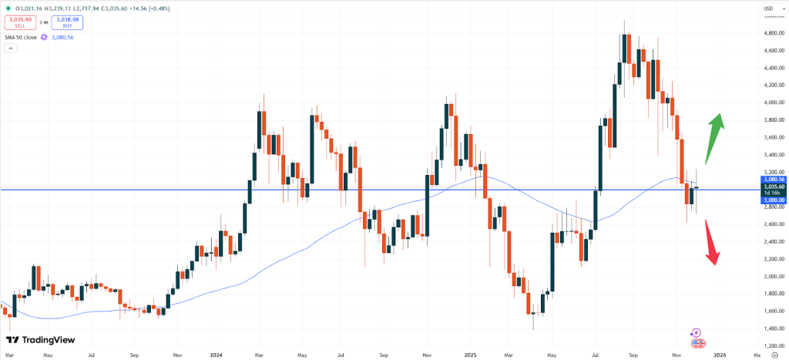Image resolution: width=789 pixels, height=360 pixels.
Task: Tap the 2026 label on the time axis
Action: click(x=718, y=355)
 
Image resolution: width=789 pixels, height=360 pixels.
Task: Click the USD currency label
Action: click(x=767, y=8)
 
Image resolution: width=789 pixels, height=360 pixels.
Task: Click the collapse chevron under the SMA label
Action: click(x=11, y=48)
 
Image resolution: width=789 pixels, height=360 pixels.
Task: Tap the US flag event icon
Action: click(x=697, y=343)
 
